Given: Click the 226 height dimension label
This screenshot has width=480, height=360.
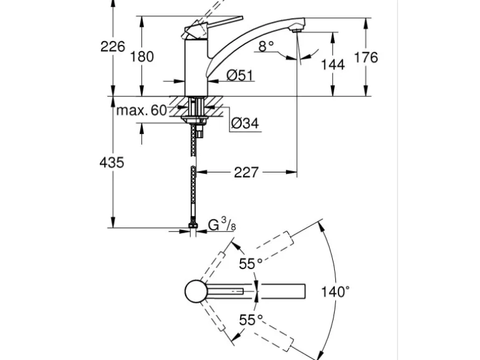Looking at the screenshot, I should [x=113, y=46].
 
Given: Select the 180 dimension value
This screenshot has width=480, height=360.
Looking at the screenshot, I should [x=142, y=57].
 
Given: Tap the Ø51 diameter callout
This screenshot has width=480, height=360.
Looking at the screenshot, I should [x=239, y=75].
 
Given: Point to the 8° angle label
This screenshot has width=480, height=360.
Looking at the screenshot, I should [x=267, y=45].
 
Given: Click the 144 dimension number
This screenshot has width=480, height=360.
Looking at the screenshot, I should [x=332, y=64].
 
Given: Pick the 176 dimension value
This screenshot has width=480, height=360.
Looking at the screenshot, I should [x=365, y=57].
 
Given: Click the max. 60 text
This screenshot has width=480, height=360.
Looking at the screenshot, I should [x=142, y=111].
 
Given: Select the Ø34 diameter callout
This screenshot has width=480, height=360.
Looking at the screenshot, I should [x=244, y=123].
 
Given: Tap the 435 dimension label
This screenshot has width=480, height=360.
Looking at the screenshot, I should [x=112, y=163].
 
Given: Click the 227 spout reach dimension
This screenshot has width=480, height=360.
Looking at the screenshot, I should [x=246, y=173].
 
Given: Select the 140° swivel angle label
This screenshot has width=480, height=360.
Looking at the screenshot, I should [x=335, y=291].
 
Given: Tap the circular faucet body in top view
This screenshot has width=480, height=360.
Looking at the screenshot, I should [x=197, y=291].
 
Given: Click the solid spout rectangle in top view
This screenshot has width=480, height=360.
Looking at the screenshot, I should [x=282, y=291].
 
